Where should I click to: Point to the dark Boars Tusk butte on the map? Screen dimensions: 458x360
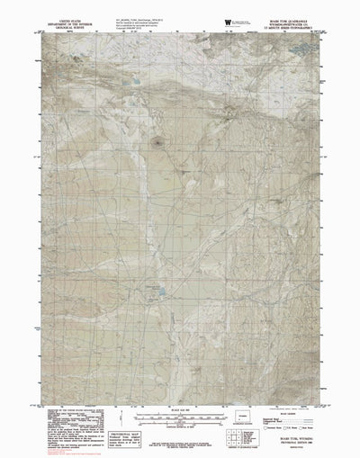click(160, 140)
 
